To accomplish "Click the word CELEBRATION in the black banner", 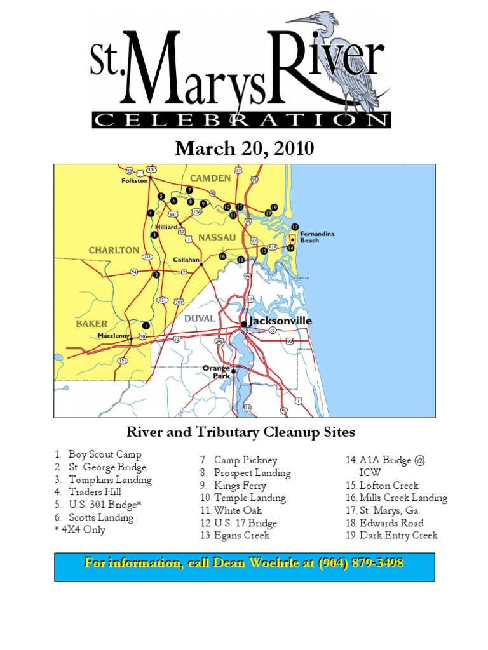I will [241, 120].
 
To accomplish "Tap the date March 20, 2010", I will [245, 149].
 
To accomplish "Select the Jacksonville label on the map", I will [280, 321].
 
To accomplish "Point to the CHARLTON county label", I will [114, 250].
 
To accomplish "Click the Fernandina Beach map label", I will [317, 237].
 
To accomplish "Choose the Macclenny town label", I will [113, 335].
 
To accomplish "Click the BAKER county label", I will [92, 323].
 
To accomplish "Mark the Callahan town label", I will [187, 260].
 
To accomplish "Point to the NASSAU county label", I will [217, 237].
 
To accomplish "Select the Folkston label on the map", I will [135, 180].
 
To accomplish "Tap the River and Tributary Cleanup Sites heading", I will [241, 433].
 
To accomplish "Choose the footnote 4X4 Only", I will [83, 529].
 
